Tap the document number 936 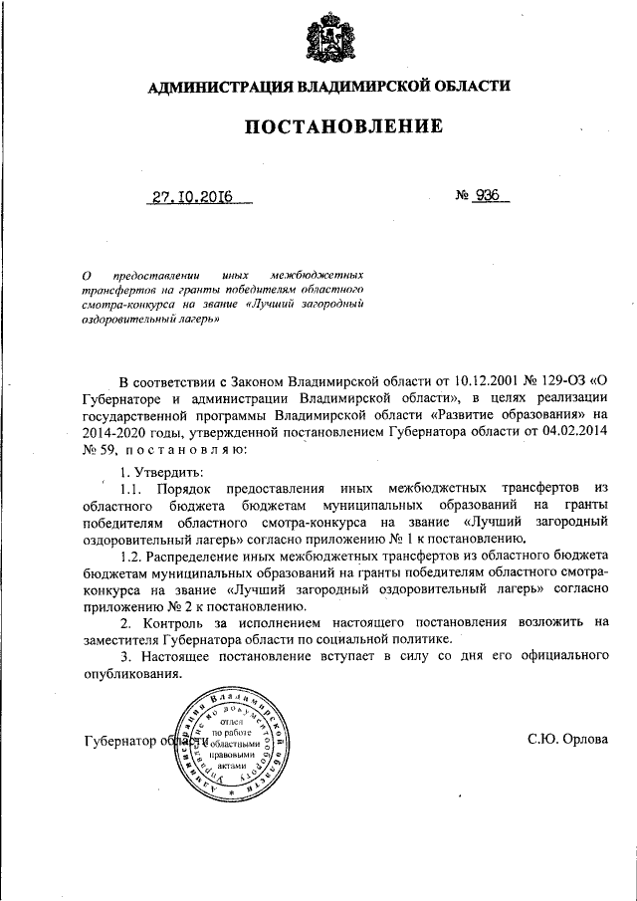(x=487, y=196)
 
